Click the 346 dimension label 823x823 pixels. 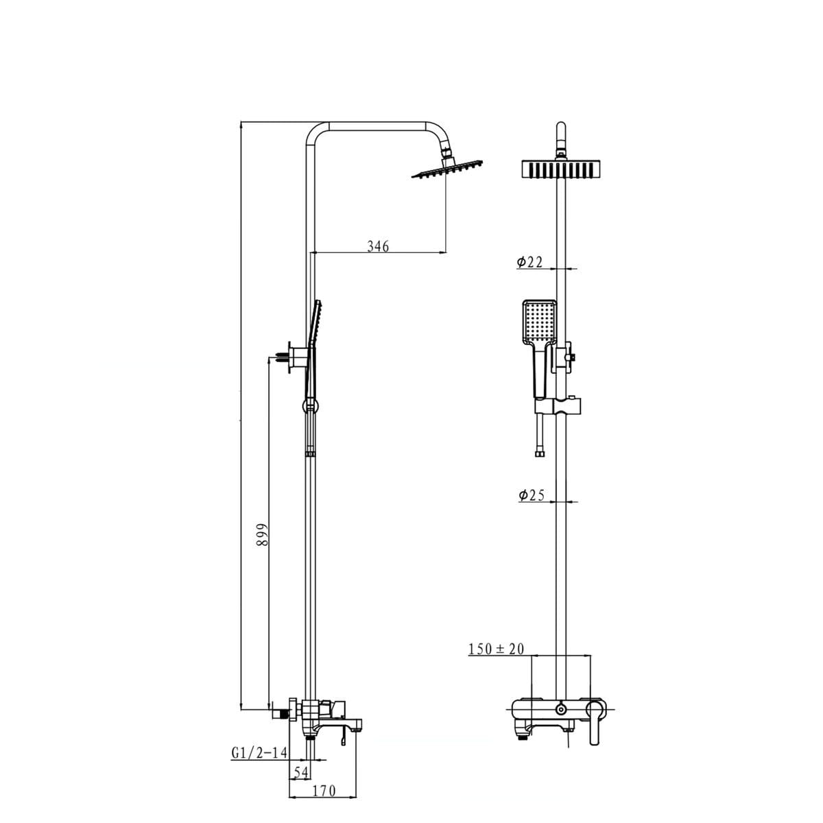[x=378, y=246]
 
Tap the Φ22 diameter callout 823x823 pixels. [x=529, y=262]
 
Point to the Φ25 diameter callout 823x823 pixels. [x=532, y=495]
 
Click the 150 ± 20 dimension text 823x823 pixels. [x=496, y=649]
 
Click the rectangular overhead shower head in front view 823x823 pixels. [x=561, y=169]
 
